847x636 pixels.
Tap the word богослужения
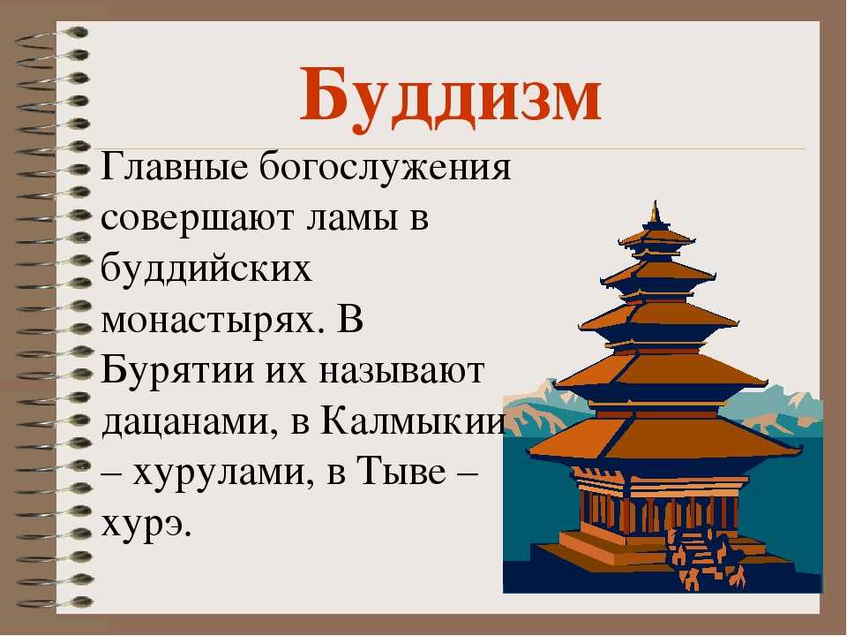[385, 169]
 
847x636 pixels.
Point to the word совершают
[198, 219]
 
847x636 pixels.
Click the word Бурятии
[177, 372]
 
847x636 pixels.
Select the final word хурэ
[146, 524]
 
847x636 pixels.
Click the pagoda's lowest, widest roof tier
[664, 439]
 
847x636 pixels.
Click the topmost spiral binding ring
[51, 35]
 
